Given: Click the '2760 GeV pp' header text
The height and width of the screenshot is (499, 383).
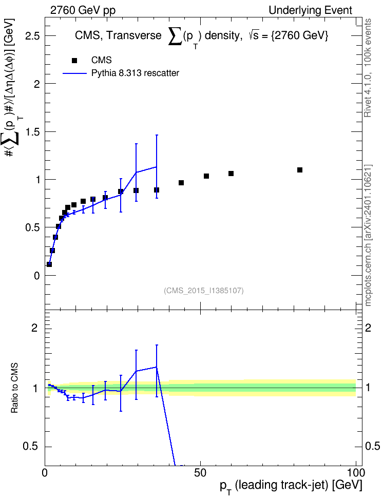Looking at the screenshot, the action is pos(83,10).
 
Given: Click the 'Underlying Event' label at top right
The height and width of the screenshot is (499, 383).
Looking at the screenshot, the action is pos(311,10).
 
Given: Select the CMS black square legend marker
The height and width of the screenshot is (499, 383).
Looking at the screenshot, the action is pos(74,61).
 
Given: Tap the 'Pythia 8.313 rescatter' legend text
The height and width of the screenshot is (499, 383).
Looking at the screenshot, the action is pos(135,73).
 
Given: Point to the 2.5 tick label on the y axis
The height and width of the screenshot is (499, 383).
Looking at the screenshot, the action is pos(32,35).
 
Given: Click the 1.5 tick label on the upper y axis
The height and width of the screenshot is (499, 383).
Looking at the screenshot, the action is pos(32,132).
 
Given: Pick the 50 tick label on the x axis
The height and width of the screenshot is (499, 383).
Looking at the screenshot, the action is pos(200,473).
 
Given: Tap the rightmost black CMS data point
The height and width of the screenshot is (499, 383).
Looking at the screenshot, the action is pos(300,170).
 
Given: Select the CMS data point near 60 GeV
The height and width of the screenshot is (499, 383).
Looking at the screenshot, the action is pos(231,174).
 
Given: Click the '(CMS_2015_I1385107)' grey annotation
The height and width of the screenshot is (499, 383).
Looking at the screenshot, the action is pos(204,291).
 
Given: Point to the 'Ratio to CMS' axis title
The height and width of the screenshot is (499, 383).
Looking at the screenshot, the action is pos(14,388).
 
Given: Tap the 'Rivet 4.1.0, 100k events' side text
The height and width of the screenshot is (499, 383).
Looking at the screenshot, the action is pos(368,68).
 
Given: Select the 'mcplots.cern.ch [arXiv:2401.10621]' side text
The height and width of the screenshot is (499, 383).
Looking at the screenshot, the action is pos(368,235).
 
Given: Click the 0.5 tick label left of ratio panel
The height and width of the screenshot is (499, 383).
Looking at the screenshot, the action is pos(30,447).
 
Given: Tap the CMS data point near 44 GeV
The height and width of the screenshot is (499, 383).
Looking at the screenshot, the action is pos(181,183).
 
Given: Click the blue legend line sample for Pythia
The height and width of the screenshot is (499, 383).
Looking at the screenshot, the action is pos(74,73).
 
